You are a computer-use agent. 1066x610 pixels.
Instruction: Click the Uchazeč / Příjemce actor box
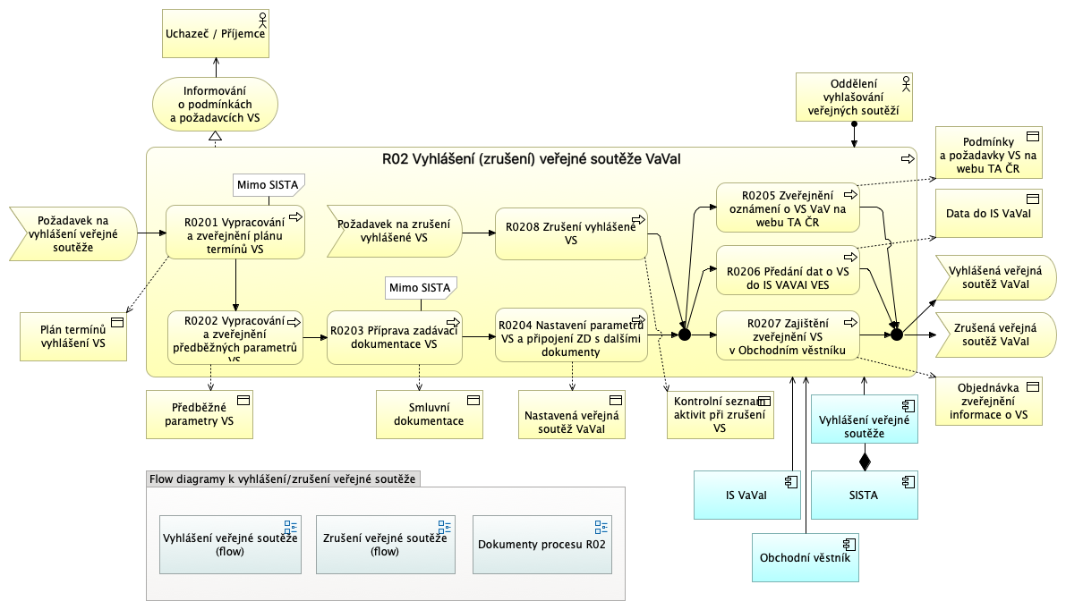pos(216,34)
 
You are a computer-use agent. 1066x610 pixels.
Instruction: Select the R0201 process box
pos(235,233)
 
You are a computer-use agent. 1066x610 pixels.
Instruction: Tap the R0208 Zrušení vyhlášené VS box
pos(571,233)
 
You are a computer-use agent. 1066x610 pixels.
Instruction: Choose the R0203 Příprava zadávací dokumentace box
pos(394,337)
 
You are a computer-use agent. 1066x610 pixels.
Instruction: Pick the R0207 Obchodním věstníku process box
pos(788,335)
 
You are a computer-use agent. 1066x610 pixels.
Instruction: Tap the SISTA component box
pos(863,495)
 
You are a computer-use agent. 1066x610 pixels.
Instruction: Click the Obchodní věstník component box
pos(805,558)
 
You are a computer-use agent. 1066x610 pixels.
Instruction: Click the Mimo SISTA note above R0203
pos(421,288)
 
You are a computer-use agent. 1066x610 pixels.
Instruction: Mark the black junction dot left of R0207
pos(685,335)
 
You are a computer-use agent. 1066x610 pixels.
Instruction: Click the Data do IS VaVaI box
pos(988,214)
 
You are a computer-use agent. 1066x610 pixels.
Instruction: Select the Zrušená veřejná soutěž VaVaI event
pos(994,335)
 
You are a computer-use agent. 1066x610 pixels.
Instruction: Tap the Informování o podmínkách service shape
pos(216,103)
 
